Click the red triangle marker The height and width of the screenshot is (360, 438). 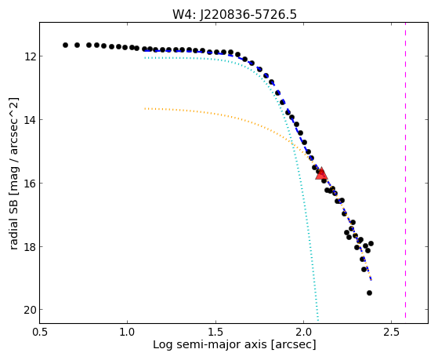[321, 173]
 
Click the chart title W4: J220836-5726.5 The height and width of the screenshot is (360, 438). [234, 15]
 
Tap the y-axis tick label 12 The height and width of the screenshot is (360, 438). [30, 56]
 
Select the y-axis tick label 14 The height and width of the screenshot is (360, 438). [30, 120]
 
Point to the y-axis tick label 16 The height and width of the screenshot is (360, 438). [30, 184]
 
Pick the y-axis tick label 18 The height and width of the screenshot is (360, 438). [30, 247]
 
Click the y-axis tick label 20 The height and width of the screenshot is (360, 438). [30, 310]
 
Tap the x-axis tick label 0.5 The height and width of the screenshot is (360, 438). [39, 332]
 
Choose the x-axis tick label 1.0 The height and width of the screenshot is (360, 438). [128, 332]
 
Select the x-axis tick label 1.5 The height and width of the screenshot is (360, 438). [215, 332]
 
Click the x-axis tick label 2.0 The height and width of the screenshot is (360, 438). [304, 332]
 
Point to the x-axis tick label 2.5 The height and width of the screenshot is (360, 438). [392, 332]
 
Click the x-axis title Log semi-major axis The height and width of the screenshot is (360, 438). [209, 345]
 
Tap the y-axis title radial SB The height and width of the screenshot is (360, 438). [14, 224]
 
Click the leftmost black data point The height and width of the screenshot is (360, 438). [65, 45]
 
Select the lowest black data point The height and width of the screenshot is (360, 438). [369, 293]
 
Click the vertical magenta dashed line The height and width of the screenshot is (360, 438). [405, 170]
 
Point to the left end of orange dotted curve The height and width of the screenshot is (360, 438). [145, 108]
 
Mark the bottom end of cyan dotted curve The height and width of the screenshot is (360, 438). [318, 320]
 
